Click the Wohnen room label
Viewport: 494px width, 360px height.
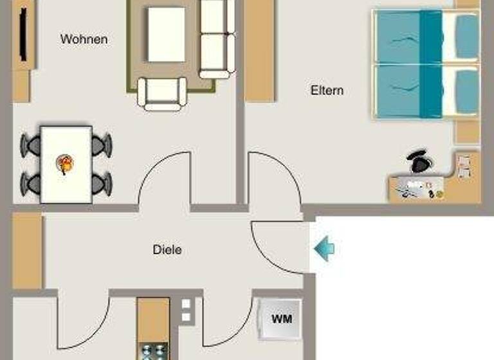84,39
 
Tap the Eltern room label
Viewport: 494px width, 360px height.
327,91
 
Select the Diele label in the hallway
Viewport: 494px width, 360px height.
167,250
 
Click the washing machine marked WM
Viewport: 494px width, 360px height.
280,319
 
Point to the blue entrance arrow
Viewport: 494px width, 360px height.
324,249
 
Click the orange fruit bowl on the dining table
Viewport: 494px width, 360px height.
66,165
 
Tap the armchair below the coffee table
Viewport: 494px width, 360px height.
161,94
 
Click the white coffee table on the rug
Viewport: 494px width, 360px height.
166,34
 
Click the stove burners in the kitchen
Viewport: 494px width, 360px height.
153,351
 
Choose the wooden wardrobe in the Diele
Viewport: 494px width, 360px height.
27,251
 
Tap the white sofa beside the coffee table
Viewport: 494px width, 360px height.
216,39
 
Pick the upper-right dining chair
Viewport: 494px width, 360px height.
102,145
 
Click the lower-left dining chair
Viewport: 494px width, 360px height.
31,184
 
